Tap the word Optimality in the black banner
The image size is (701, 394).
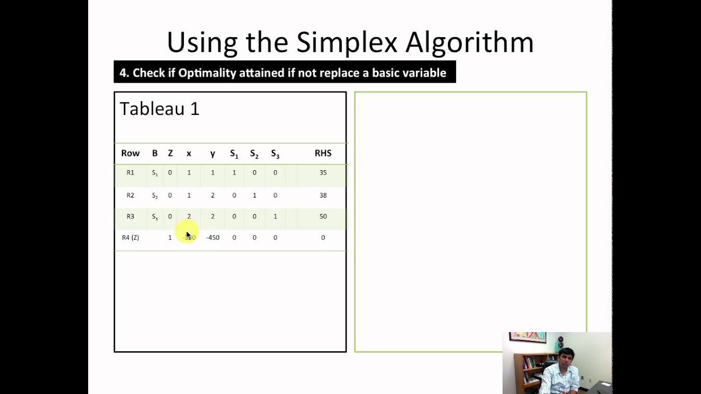(x=208, y=73)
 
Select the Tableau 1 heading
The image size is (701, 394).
(x=159, y=108)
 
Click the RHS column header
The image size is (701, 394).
(x=323, y=153)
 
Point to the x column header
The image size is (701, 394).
(x=189, y=154)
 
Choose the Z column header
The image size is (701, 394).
(x=170, y=153)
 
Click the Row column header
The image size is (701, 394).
(x=130, y=153)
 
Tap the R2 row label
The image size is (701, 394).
(x=130, y=195)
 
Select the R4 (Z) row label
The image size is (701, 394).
(x=130, y=237)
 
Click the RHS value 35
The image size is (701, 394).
(x=323, y=172)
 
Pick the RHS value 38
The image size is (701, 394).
(x=323, y=195)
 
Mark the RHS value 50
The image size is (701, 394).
(x=323, y=217)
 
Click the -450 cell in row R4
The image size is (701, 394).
(x=212, y=237)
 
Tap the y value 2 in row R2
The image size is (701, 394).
(x=212, y=195)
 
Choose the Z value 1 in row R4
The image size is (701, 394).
(x=170, y=237)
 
